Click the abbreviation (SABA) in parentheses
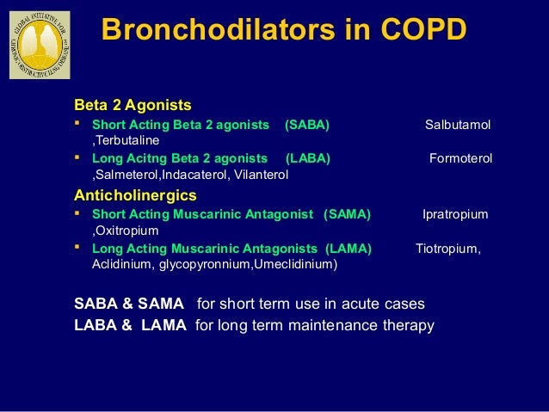(x=306, y=126)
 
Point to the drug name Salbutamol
(x=458, y=126)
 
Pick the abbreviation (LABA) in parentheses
(x=307, y=159)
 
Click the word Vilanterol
(x=261, y=175)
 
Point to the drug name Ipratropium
(x=454, y=214)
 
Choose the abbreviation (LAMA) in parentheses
(x=348, y=249)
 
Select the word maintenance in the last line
(x=330, y=325)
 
